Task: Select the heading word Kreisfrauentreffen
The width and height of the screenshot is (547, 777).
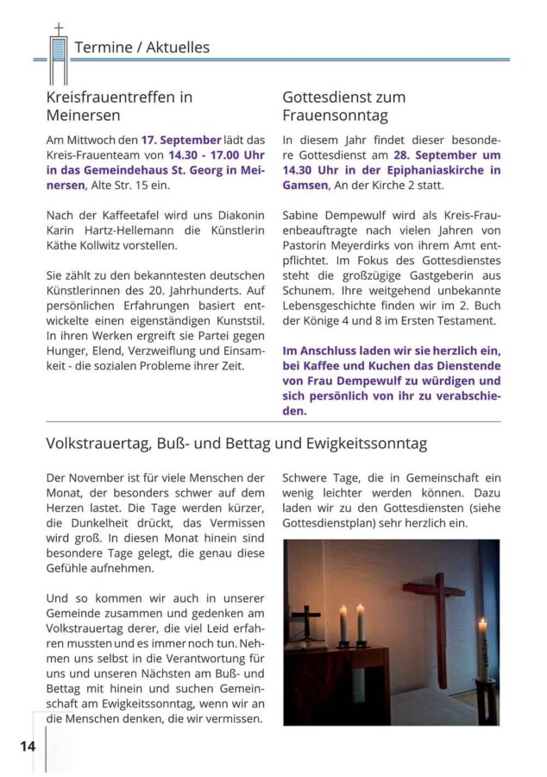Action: click(x=111, y=97)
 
